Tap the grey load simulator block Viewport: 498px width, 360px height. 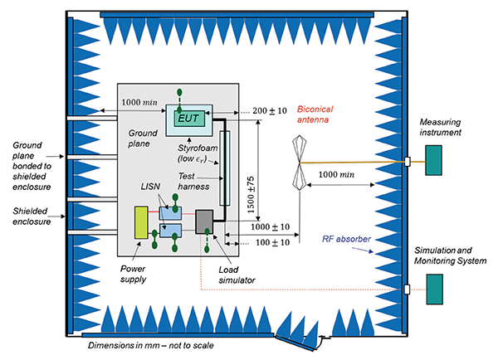click(204, 221)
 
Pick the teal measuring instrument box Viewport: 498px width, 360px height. click(433, 159)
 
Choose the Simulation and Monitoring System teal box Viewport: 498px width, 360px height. click(433, 288)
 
